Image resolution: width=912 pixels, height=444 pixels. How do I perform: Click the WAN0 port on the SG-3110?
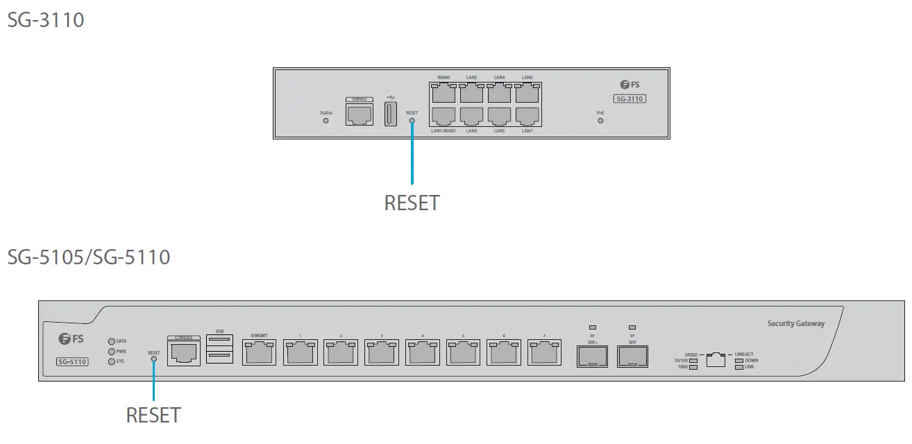[444, 93]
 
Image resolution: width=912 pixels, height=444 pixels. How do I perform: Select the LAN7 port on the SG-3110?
[527, 116]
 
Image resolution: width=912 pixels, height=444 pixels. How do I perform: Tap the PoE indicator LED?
[600, 120]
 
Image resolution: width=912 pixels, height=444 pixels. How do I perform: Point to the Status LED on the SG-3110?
[326, 120]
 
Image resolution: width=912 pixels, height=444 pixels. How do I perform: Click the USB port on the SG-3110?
[390, 113]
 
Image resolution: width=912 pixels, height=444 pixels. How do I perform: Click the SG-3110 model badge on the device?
[631, 99]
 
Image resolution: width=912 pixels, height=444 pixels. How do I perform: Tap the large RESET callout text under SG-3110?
[412, 203]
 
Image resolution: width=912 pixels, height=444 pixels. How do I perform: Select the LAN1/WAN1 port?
[444, 116]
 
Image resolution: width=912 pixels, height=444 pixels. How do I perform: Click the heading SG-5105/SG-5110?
[89, 257]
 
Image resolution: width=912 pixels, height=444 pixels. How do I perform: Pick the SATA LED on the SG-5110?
[111, 341]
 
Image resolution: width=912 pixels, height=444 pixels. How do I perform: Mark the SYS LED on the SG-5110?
[111, 361]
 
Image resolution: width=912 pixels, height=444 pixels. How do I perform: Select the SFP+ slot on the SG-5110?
[592, 357]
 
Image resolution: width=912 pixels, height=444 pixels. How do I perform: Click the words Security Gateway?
[795, 323]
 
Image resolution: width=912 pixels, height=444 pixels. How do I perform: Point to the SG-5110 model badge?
[72, 361]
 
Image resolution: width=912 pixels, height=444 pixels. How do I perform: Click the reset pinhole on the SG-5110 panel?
[153, 359]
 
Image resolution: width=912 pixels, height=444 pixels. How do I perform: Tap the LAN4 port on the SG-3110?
[499, 93]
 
